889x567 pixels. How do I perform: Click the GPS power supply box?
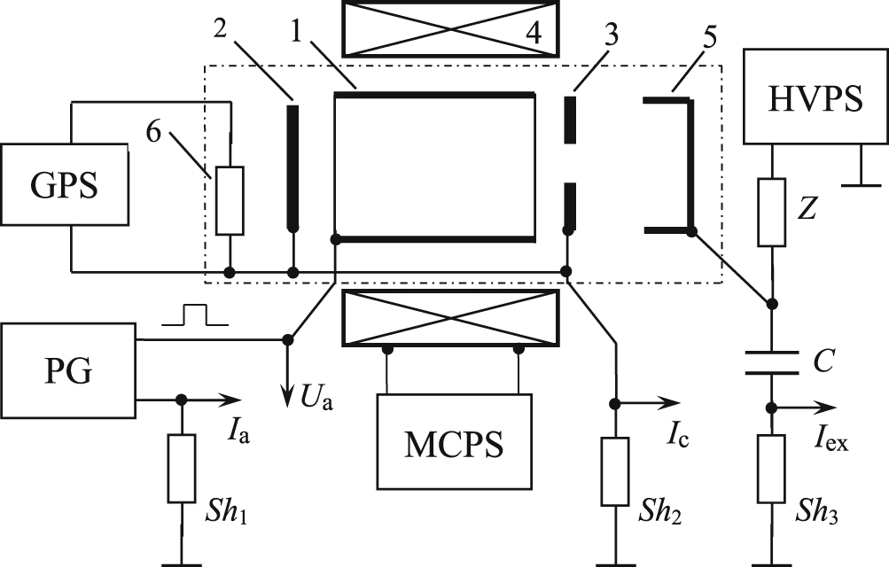tap(64, 187)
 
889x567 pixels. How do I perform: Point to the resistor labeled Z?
tap(771, 213)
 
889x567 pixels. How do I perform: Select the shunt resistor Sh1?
tap(181, 470)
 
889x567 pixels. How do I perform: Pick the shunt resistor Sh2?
tap(613, 470)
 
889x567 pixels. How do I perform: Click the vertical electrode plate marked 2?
tap(292, 168)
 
